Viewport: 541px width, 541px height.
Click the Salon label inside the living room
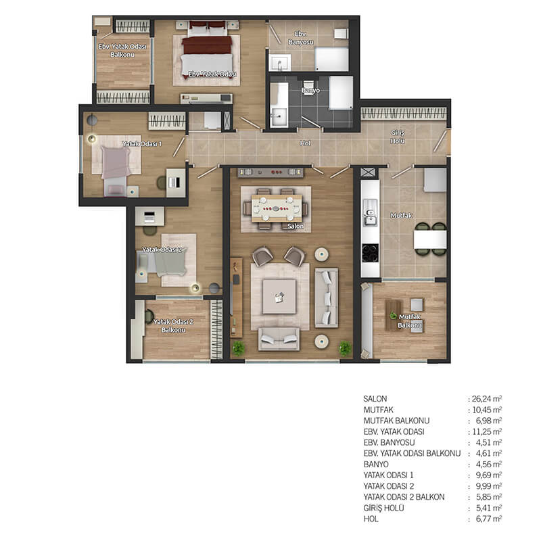(x=296, y=227)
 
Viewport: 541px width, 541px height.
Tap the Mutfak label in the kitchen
(x=401, y=216)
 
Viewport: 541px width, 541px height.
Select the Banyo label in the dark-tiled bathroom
(x=310, y=91)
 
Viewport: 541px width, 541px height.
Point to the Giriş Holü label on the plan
(x=398, y=137)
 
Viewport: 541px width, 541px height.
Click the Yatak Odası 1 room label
(x=142, y=143)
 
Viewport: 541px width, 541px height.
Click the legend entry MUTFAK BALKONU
(x=396, y=421)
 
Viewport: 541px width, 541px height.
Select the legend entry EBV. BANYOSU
(x=390, y=442)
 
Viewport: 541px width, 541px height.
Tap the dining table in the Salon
(x=277, y=208)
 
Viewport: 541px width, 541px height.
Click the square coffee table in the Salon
(x=279, y=296)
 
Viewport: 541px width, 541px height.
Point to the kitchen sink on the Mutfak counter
(x=369, y=213)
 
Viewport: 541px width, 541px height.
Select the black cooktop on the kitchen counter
(x=370, y=253)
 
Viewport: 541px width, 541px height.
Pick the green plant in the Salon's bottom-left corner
(x=239, y=348)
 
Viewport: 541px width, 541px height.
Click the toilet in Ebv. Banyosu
(x=341, y=34)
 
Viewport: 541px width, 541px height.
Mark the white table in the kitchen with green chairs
(x=430, y=239)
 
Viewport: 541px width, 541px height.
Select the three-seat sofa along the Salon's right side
(x=326, y=298)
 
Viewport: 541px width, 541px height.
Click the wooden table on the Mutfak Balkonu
(x=394, y=315)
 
